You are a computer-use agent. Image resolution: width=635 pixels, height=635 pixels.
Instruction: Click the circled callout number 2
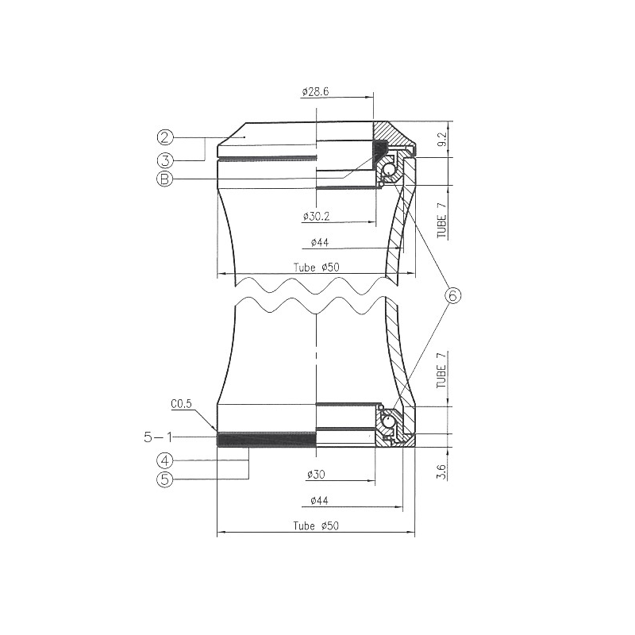(165, 137)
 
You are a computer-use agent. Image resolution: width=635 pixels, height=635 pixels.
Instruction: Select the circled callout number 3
(165, 160)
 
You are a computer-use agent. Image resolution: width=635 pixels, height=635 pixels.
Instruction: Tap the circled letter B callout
(165, 179)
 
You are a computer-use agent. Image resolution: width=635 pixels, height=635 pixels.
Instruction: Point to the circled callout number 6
(452, 295)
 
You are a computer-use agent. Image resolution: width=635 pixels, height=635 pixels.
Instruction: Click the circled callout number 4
(165, 460)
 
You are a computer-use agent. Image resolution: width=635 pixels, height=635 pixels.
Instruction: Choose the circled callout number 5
(165, 479)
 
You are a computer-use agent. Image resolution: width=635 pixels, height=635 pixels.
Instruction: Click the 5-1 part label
(158, 437)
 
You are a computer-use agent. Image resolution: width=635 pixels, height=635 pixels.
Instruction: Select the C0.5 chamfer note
(181, 404)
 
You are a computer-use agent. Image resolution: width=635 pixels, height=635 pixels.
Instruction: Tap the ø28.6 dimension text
(315, 92)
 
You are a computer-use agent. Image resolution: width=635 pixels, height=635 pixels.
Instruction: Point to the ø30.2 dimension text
(316, 216)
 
